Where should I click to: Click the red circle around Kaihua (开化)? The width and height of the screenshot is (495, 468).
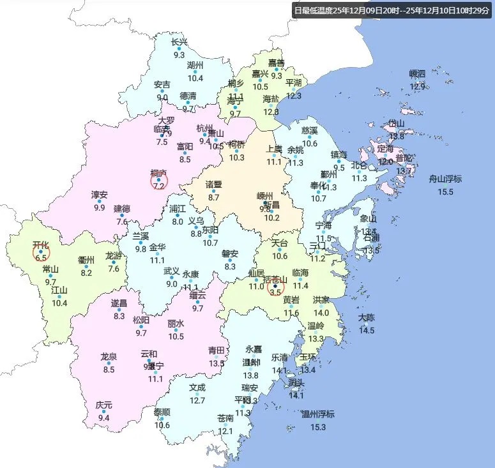[42, 253]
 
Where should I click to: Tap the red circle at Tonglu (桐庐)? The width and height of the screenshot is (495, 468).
[159, 181]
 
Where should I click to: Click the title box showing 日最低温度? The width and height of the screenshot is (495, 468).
[392, 10]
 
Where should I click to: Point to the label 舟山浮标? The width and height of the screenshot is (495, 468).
[445, 179]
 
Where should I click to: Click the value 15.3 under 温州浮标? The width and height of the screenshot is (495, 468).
[318, 427]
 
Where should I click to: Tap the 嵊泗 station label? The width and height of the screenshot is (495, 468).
[417, 73]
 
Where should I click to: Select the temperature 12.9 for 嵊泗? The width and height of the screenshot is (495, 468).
[417, 86]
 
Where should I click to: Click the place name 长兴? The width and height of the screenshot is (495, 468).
[179, 42]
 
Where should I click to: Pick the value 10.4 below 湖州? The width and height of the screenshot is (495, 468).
[195, 79]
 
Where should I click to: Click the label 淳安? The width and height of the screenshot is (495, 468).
[99, 195]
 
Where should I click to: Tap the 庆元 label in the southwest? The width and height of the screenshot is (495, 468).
[103, 405]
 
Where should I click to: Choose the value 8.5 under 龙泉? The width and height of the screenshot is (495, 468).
[109, 369]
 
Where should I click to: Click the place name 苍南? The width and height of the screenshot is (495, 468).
[225, 418]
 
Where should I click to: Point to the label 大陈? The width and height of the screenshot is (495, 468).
[367, 317]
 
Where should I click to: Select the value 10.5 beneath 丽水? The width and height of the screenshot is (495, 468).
[176, 336]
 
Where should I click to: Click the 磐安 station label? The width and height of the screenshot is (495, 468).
[230, 254]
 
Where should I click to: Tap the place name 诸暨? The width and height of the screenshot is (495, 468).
[213, 185]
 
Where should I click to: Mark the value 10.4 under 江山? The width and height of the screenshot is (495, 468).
[59, 303]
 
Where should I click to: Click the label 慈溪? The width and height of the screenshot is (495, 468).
[310, 130]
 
